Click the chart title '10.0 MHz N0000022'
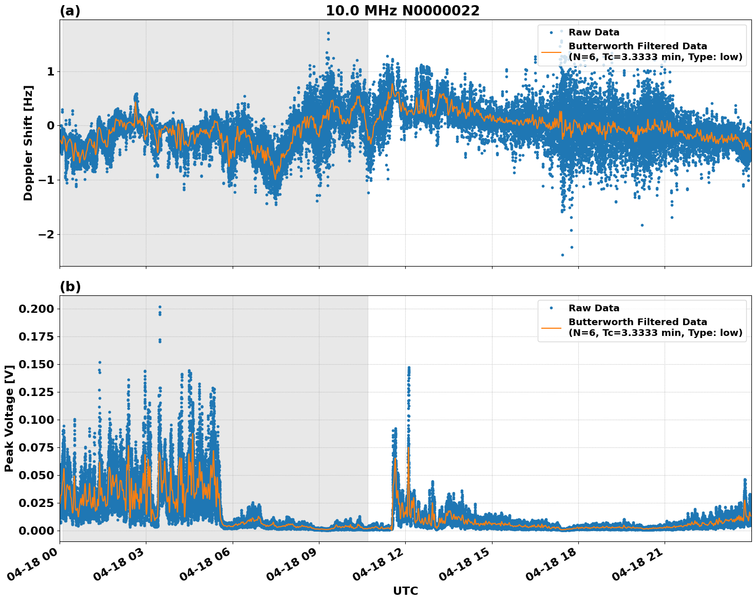coord(403,11)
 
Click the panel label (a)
coord(70,11)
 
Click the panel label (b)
coord(70,287)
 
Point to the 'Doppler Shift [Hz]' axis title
coord(28,143)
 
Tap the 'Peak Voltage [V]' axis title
coord(9,418)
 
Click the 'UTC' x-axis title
coord(405,591)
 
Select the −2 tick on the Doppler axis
coord(47,234)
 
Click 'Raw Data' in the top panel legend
coord(594,32)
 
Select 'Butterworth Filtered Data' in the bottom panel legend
coord(637,322)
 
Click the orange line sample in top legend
coord(551,52)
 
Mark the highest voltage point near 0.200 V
coord(160,307)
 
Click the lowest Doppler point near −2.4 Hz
coord(562,255)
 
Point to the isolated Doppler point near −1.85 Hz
coord(642,225)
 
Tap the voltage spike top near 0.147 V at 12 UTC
coord(409,368)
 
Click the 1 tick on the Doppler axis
coord(50,71)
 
